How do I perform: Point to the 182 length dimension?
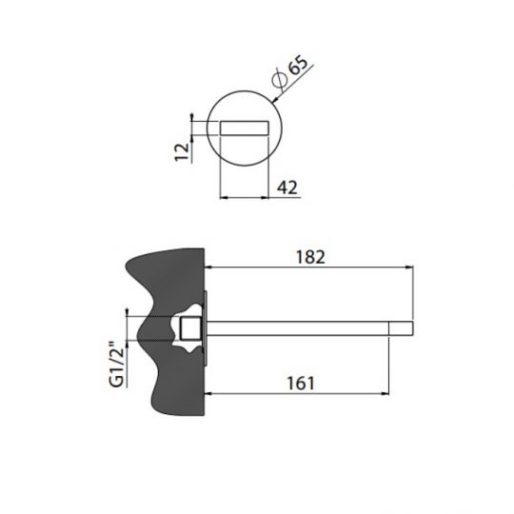click(x=310, y=256)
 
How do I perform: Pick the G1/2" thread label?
click(x=118, y=363)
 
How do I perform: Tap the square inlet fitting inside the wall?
click(x=191, y=330)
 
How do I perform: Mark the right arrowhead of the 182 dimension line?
click(x=412, y=267)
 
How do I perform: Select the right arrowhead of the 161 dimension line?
click(x=386, y=393)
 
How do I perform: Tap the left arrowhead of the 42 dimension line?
click(x=224, y=198)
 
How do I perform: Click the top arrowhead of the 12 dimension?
click(x=193, y=119)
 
